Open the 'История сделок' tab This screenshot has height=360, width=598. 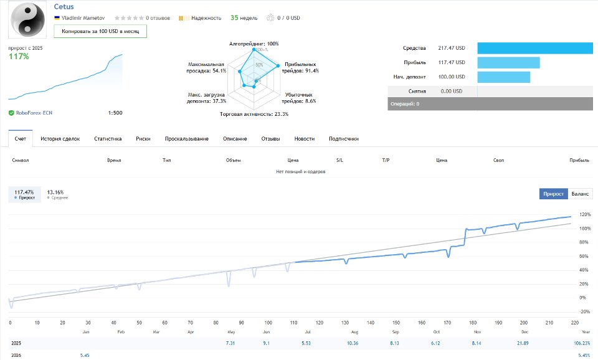click(x=60, y=139)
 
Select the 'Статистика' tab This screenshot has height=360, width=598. click(x=108, y=139)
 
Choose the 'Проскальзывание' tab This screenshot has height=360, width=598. click(x=186, y=139)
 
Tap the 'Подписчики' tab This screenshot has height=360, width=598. click(x=343, y=139)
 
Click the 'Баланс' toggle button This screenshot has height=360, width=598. click(x=580, y=194)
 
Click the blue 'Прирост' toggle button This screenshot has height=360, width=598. click(x=553, y=194)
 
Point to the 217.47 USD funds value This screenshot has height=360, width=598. click(x=452, y=48)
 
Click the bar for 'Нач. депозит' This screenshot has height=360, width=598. click(x=503, y=77)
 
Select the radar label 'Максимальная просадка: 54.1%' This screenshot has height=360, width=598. click(x=207, y=67)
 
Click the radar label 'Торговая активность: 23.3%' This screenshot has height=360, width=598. click(x=254, y=114)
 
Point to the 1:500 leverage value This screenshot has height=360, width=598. click(x=115, y=113)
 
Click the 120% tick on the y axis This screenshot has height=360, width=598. click(x=585, y=215)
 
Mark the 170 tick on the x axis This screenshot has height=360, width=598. click(x=447, y=323)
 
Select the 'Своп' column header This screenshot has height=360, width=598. click(x=498, y=160)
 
